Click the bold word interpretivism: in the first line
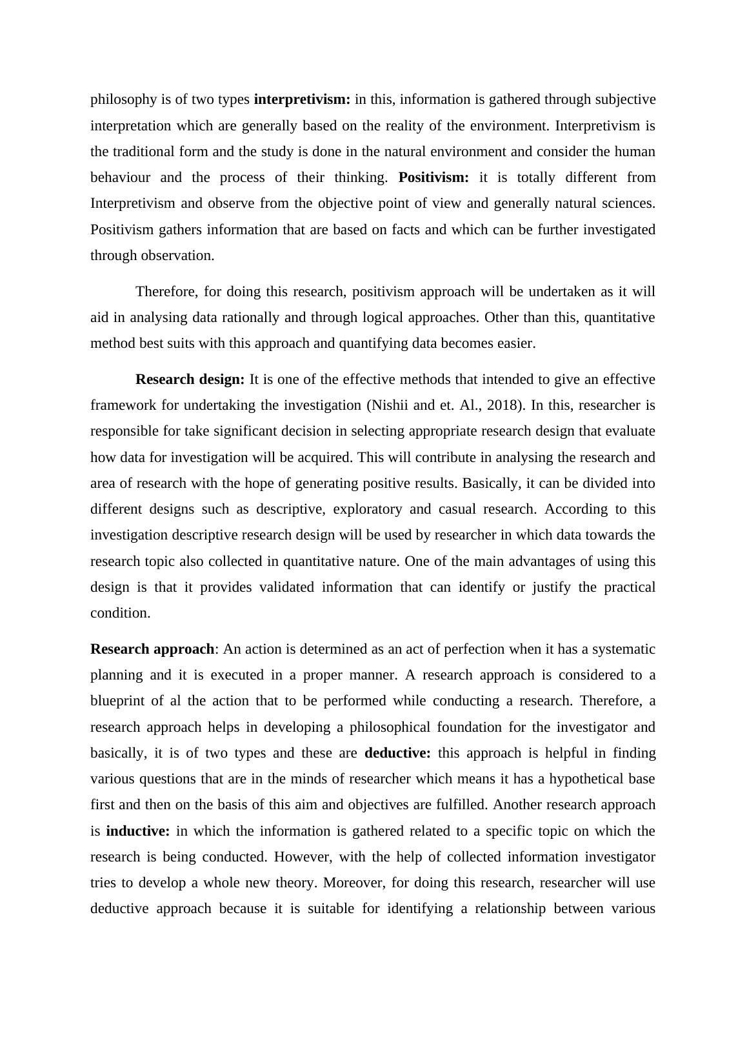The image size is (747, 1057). tap(302, 99)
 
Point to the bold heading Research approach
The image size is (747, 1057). tap(152, 649)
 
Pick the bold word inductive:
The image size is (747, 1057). tap(138, 831)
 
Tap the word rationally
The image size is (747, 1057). tap(235, 317)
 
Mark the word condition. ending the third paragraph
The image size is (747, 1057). tap(120, 613)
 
